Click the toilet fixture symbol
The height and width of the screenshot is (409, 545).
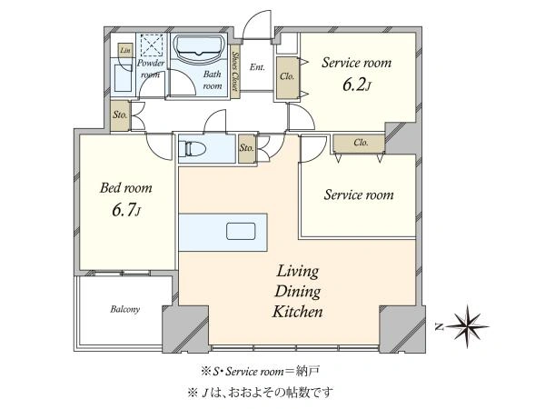point(193,149)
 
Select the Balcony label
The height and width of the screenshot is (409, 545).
point(124,309)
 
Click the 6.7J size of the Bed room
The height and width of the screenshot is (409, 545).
point(126,211)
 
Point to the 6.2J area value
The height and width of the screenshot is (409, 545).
point(357,85)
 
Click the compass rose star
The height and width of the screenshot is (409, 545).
point(467,326)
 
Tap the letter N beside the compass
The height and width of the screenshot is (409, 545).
point(440,327)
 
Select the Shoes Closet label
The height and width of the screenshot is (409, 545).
point(235,71)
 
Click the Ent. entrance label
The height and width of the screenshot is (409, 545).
point(257,67)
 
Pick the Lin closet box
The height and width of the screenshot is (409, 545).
point(125,50)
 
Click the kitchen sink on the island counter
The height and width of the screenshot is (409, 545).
point(241,231)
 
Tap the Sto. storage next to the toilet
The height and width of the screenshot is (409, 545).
point(247,148)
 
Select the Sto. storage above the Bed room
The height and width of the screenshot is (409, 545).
point(120,115)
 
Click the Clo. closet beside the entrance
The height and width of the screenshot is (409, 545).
point(287,78)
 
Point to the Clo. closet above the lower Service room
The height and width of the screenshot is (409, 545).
point(360,143)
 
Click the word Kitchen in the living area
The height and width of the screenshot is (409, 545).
point(298,312)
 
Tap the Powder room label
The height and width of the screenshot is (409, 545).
point(151,68)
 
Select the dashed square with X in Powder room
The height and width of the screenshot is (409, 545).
point(152,45)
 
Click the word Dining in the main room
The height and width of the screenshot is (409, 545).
point(298,292)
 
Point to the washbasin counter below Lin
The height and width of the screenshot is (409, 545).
point(123,77)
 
